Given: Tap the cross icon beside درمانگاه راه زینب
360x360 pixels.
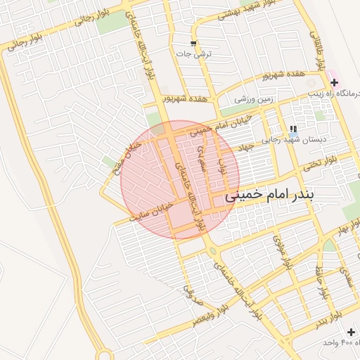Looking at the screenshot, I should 334,82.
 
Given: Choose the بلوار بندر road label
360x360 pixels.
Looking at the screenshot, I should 329,316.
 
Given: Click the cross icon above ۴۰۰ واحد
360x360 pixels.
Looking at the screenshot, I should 351,331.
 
